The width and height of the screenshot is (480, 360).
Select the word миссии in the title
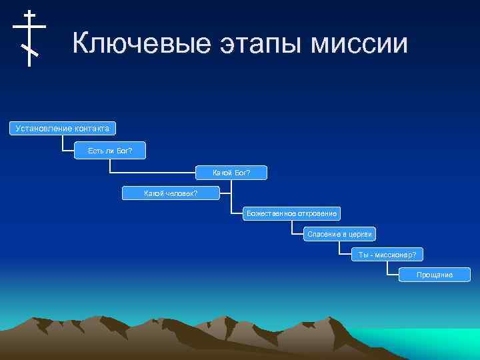(362, 43)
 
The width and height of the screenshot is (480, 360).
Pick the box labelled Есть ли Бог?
(110, 151)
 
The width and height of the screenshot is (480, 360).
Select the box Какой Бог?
(231, 173)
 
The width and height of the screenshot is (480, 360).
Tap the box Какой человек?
(171, 193)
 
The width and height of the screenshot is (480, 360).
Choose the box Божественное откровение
(291, 213)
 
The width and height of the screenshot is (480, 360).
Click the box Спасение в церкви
(340, 234)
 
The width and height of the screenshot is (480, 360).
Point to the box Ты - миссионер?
(387, 255)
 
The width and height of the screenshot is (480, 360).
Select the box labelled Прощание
(434, 275)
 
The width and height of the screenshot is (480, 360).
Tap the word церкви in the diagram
(360, 234)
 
